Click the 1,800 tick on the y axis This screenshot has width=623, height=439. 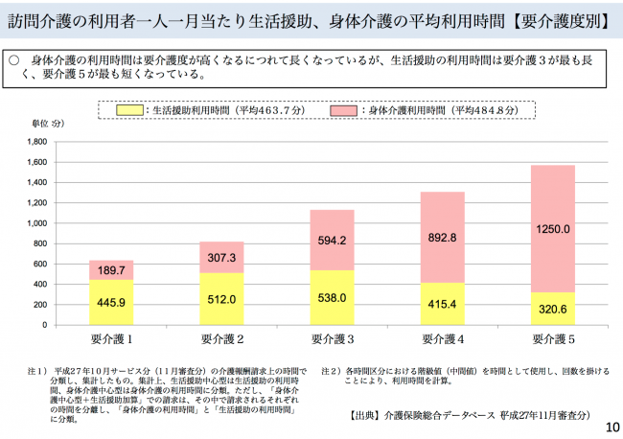point(37,141)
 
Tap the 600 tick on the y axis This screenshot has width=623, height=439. point(40,264)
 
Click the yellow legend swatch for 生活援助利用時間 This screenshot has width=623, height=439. point(132,110)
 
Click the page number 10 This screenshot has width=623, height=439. point(611,427)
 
